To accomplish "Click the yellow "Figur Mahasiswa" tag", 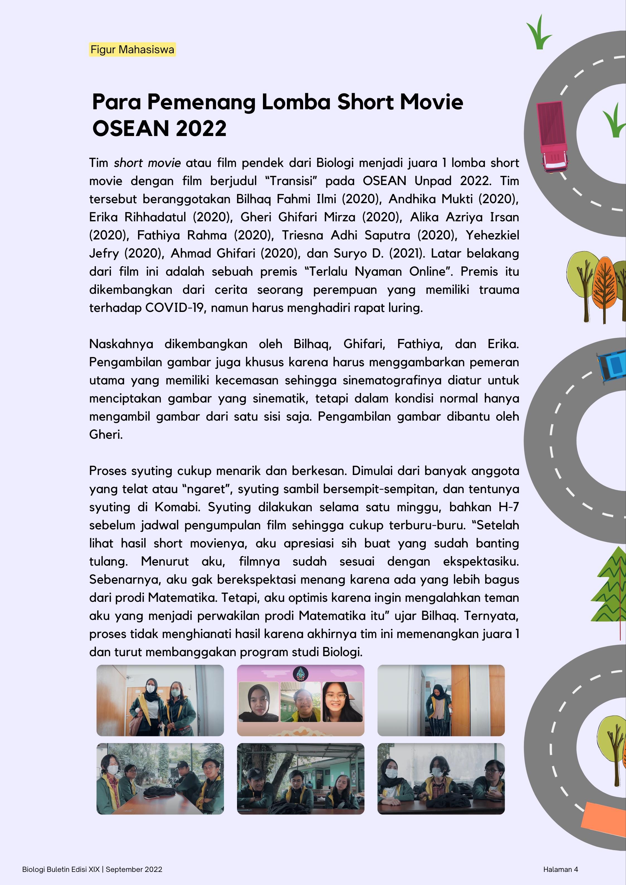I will point(132,50).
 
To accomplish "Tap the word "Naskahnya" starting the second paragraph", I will point(121,344).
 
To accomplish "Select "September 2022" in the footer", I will point(134,869).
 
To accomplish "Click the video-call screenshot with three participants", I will point(301,700).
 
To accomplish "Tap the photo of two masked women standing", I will point(160,700).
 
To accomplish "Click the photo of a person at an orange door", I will point(441,700).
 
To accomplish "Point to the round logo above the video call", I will point(301,673).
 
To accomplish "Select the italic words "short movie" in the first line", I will point(147,163).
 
